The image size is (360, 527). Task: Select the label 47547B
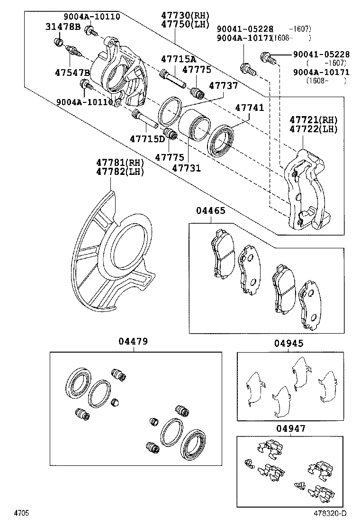72,73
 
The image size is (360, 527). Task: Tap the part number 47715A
178,59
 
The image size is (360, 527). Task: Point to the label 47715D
147,138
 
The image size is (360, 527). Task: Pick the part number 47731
186,168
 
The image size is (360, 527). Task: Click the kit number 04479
133,341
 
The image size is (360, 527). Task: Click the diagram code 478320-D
330,513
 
